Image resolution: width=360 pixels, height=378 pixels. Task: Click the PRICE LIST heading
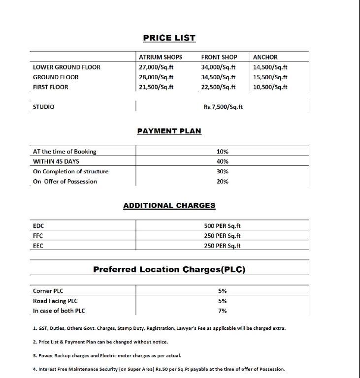coord(169,38)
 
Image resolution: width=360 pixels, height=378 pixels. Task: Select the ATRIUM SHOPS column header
coord(160,57)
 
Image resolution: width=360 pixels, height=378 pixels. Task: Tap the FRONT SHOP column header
coord(219,57)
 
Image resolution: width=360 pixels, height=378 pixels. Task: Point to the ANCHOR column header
coord(265,57)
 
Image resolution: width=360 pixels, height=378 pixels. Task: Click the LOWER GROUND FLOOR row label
coord(66,67)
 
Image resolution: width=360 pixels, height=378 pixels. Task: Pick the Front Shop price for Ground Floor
coord(218,77)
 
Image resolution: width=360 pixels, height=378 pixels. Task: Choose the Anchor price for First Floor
coord(270,87)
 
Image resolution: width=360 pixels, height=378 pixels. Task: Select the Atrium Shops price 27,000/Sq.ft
coord(156,67)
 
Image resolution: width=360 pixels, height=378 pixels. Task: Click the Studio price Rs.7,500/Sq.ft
coord(223,107)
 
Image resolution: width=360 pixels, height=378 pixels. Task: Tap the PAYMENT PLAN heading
coord(169,131)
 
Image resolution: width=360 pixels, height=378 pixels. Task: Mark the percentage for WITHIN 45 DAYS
coord(223,161)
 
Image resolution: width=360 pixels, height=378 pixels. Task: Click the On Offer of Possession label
coord(65,182)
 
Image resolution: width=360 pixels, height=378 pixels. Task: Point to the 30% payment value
coord(223,171)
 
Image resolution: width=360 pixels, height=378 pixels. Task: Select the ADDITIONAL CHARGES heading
coord(169,206)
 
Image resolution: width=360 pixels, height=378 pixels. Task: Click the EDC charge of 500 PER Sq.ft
coord(223,226)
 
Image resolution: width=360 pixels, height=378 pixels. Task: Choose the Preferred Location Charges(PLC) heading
coord(169,269)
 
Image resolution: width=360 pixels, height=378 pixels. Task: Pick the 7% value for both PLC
coord(223,311)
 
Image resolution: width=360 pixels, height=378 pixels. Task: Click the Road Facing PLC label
coord(55,301)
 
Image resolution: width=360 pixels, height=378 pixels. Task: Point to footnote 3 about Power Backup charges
coord(107,355)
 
